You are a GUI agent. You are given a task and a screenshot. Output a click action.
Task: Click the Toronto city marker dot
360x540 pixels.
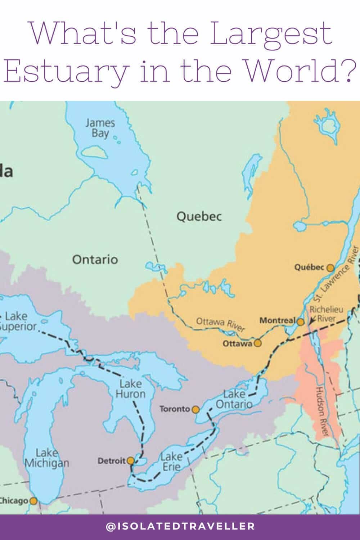click(x=195, y=409)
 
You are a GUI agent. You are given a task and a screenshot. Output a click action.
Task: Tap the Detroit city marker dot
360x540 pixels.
click(x=131, y=461)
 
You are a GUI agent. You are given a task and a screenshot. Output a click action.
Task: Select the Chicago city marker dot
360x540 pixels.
click(x=33, y=501)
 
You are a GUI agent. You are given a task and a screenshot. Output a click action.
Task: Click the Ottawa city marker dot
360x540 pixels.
click(x=257, y=343)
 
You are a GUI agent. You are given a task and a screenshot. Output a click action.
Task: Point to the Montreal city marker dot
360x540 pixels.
click(x=301, y=321)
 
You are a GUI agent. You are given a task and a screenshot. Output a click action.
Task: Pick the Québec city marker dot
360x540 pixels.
click(x=330, y=267)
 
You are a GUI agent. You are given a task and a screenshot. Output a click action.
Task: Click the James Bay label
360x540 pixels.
click(x=100, y=128)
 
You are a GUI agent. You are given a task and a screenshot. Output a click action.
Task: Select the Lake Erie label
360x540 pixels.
click(x=171, y=462)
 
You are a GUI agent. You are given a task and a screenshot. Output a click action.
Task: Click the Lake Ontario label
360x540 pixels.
click(x=234, y=399)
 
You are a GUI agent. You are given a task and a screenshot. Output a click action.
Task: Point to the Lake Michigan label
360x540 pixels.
click(x=47, y=458)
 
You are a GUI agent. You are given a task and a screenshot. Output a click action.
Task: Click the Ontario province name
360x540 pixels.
click(x=95, y=259)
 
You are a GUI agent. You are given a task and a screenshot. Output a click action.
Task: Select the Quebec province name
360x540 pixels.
click(x=199, y=216)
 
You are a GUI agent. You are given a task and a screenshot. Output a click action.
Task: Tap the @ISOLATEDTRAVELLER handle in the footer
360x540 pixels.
click(x=180, y=526)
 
